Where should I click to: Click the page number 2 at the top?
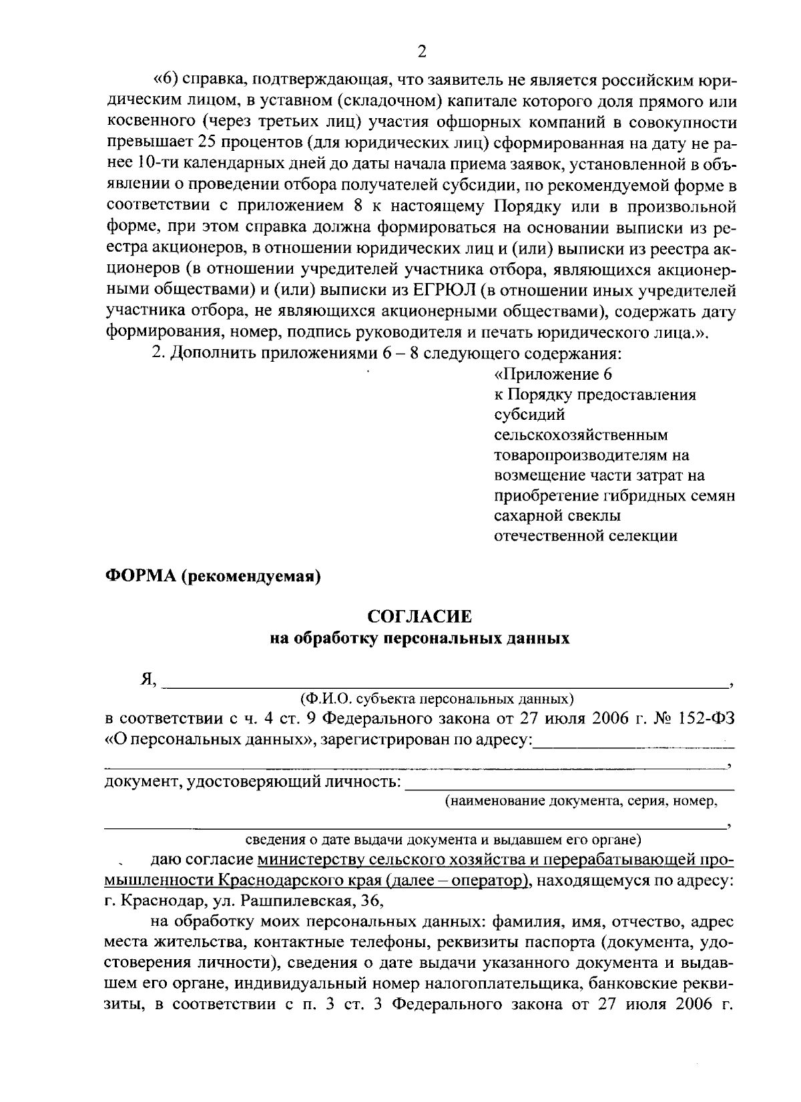click(420, 52)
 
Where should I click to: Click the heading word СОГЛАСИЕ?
click(420, 616)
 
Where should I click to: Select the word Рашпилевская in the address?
click(307, 902)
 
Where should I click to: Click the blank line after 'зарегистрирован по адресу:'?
click(634, 742)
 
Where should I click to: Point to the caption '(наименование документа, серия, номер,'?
click(581, 801)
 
